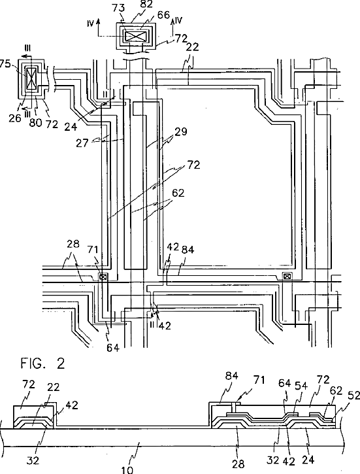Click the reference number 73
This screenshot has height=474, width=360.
[x=118, y=8]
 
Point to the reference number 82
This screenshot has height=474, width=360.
[x=146, y=4]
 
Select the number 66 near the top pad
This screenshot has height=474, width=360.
[x=164, y=15]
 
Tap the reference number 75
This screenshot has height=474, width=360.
[x=5, y=64]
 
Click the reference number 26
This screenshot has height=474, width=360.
[x=15, y=118]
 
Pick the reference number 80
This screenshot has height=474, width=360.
[x=35, y=122]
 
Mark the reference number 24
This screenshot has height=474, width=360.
[x=71, y=126]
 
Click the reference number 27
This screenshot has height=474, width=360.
[x=82, y=143]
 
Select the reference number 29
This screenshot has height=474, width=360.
[x=180, y=132]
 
